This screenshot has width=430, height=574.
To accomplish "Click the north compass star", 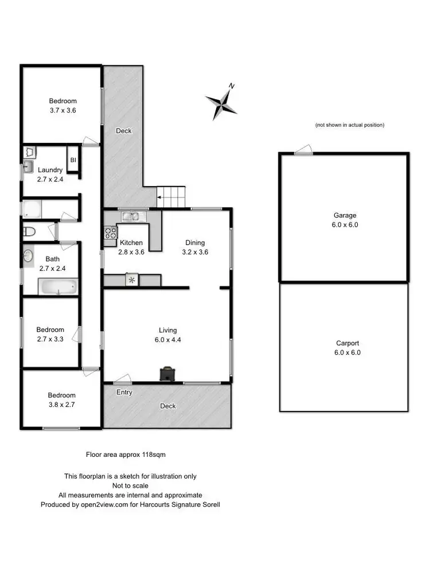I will click(221, 104).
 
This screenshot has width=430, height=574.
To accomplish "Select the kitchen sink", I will click(134, 216).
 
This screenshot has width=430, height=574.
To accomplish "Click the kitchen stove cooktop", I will click(110, 232).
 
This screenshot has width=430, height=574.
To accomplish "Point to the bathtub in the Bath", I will click(57, 286).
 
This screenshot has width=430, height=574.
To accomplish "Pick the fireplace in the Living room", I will click(167, 374).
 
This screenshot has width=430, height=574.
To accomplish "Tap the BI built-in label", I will click(73, 161).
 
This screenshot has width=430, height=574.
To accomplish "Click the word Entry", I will click(124, 393).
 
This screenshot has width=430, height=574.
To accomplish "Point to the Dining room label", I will click(194, 243).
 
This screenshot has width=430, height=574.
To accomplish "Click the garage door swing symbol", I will click(303, 150).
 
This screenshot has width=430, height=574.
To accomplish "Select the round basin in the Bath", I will click(29, 256).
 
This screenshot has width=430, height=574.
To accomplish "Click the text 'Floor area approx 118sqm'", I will click(126, 454).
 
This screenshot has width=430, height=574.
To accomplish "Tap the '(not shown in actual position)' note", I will click(349, 125).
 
